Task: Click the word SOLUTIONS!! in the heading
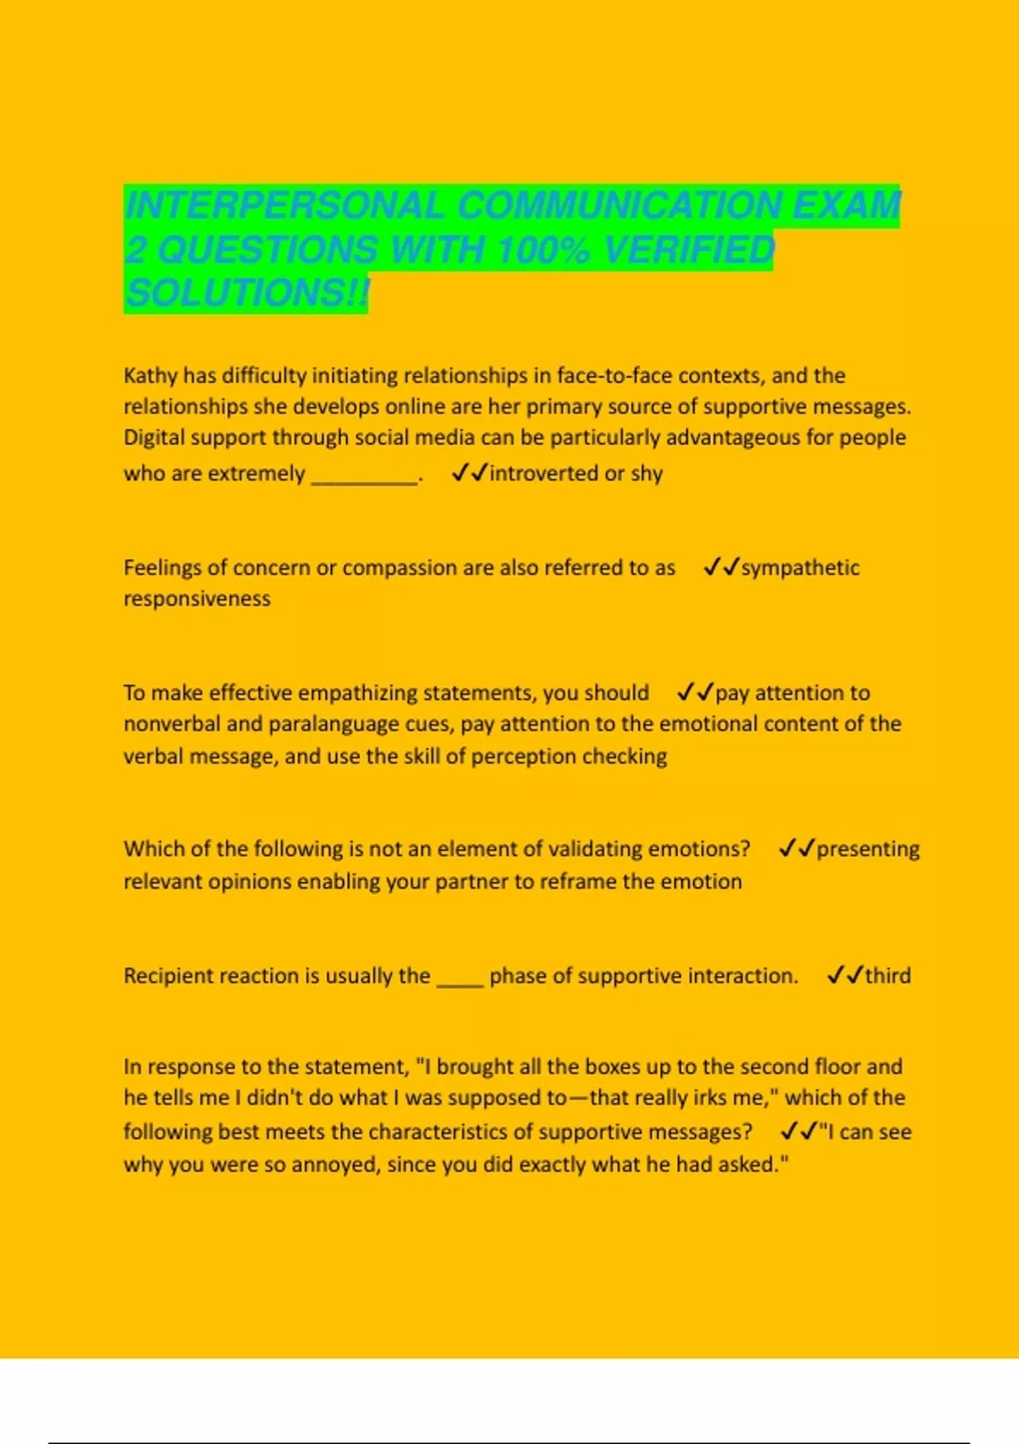tap(246, 294)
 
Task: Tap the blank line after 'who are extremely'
tap(365, 476)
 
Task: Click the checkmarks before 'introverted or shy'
tap(470, 473)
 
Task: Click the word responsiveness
tap(197, 599)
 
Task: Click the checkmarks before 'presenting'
tap(796, 849)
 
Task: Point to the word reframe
tap(581, 882)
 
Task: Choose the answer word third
tap(887, 976)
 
